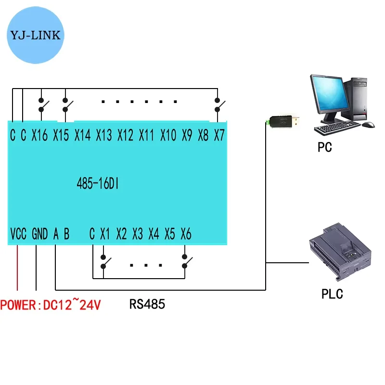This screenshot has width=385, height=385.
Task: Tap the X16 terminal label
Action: coord(39,136)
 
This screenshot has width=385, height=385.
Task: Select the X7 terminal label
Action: coord(219,136)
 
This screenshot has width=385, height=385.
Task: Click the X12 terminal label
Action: coord(125,136)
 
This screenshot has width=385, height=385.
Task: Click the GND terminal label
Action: coord(39,234)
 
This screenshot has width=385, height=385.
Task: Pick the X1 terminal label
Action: coord(105,234)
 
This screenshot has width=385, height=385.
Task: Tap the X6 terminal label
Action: coord(186,234)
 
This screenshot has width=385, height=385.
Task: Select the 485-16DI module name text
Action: coord(99,184)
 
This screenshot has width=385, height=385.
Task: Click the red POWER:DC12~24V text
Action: coord(51,305)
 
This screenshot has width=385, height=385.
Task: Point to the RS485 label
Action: coord(147,304)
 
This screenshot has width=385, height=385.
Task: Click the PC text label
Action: coord(325,147)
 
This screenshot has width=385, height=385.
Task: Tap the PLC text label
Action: coord(332,294)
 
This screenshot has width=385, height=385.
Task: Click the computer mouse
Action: coord(368,125)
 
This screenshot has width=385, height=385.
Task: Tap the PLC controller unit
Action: coord(339,253)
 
